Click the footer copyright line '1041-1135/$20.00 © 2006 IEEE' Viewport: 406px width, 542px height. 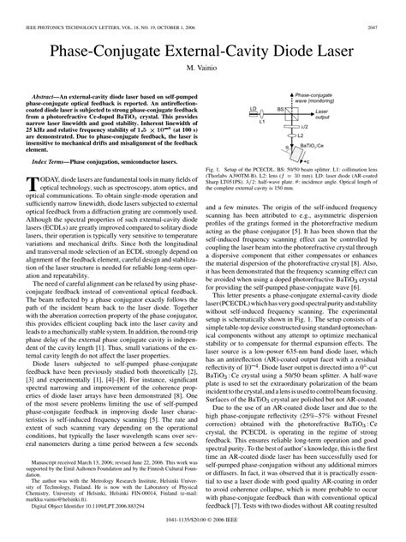pos(202,533)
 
